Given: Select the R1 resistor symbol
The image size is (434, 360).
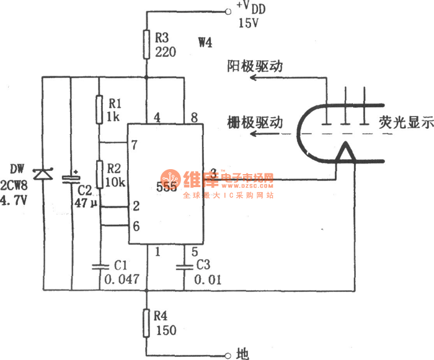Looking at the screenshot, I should (99, 109).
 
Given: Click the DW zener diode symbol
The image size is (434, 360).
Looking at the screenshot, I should (43, 174).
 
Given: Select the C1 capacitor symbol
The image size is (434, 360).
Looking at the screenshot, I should (99, 267).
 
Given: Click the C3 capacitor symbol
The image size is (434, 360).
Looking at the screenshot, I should (184, 267).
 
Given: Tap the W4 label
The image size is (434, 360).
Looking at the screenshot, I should (205, 43).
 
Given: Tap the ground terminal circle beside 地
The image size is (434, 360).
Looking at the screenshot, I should (226, 354).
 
